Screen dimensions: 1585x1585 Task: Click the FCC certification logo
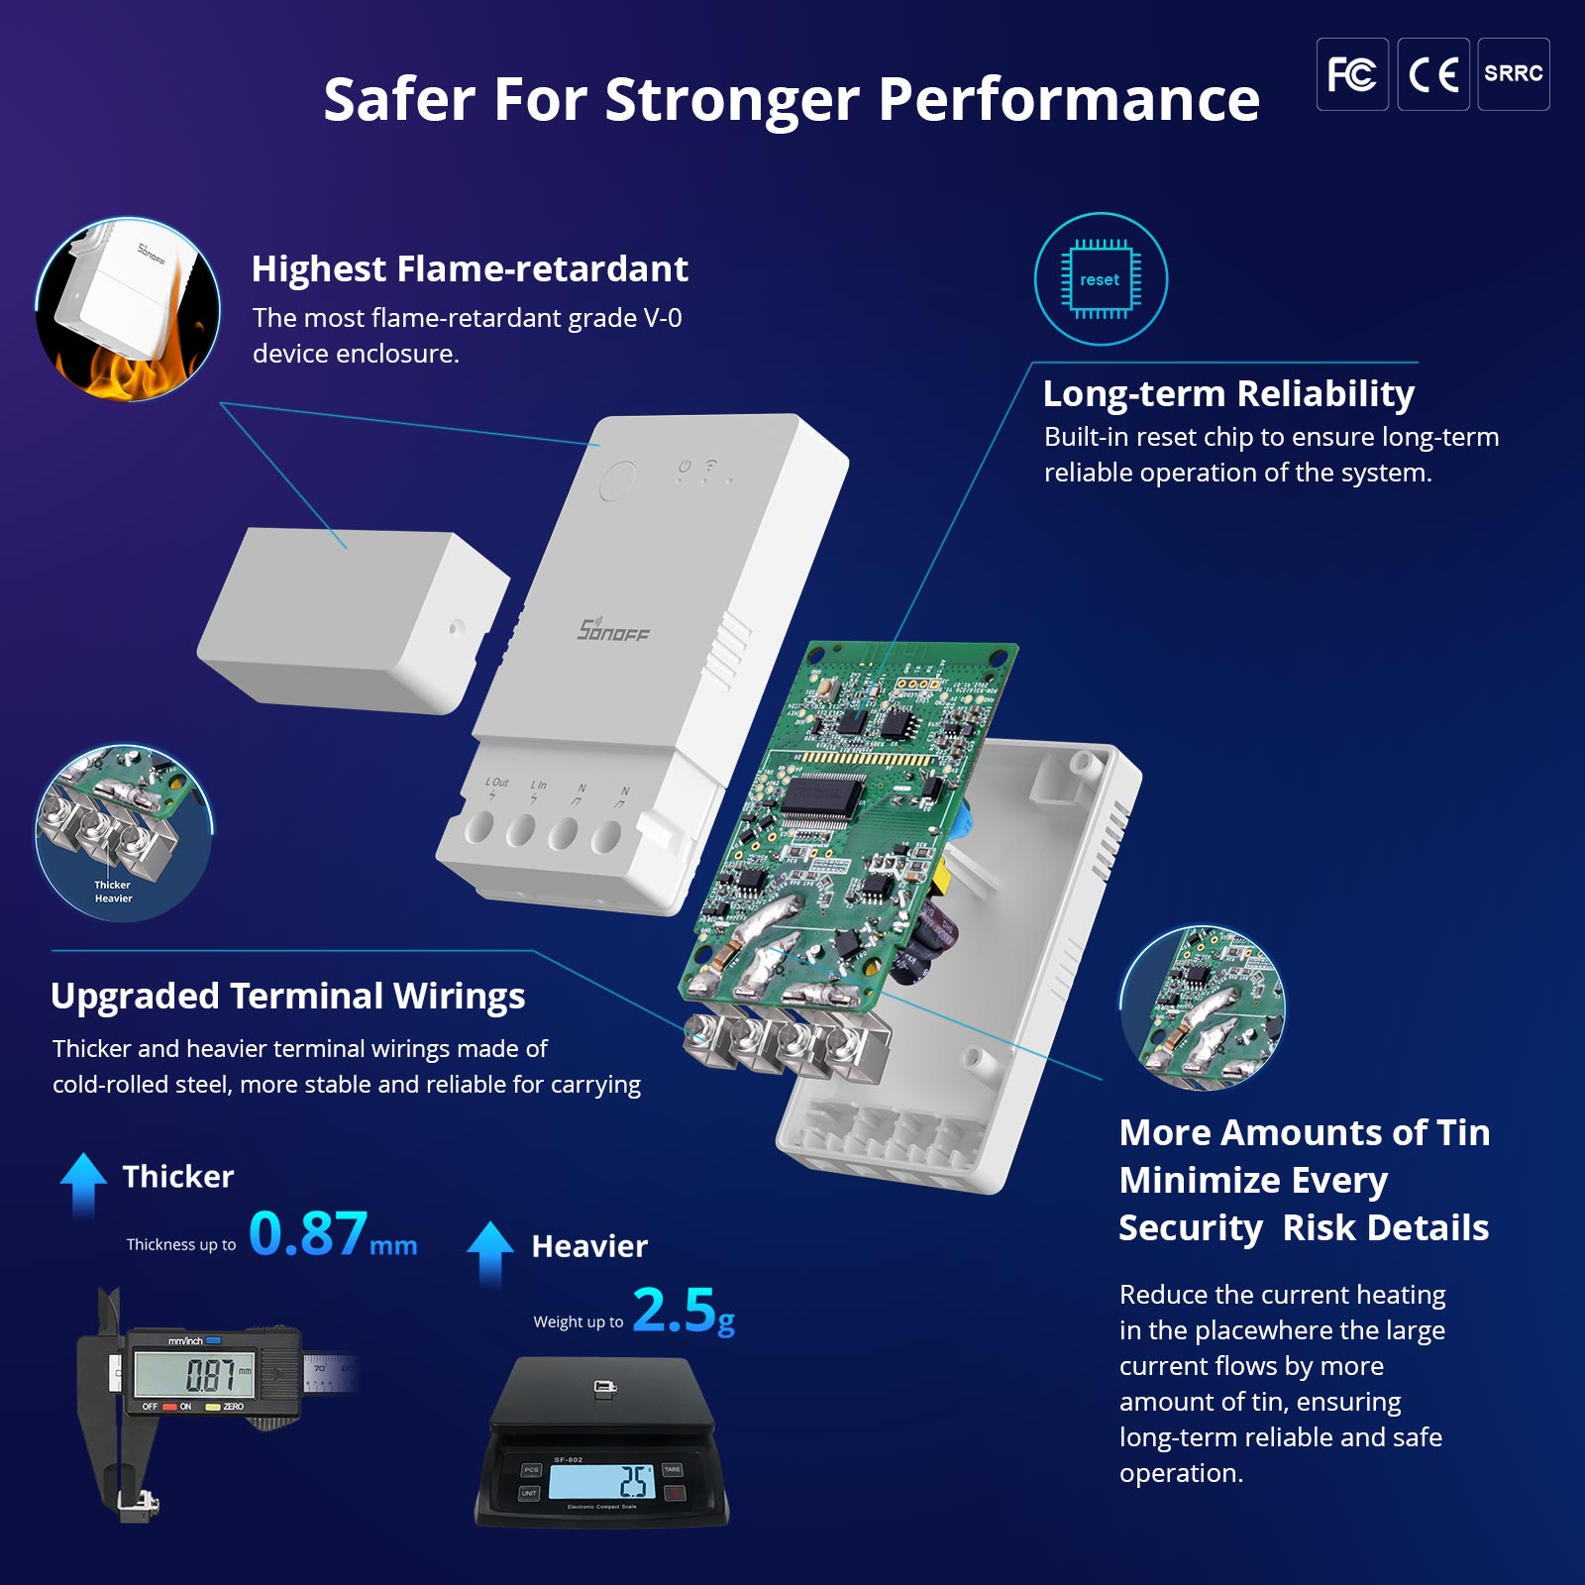click(x=1351, y=74)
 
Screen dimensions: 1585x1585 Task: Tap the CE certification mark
click(x=1432, y=74)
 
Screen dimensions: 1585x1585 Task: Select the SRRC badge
click(x=1513, y=74)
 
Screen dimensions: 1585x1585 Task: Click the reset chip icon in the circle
click(x=1100, y=279)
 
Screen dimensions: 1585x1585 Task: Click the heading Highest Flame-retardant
click(x=470, y=268)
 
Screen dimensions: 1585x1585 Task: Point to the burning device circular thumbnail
click(x=128, y=309)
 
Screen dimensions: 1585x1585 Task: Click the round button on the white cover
click(x=617, y=481)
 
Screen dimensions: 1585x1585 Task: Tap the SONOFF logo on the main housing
click(x=613, y=629)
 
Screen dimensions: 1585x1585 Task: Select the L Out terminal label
click(x=496, y=783)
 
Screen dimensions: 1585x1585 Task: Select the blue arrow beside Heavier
click(x=490, y=1250)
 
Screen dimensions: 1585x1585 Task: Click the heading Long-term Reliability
click(x=1228, y=393)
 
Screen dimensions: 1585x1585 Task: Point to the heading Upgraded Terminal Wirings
click(x=287, y=996)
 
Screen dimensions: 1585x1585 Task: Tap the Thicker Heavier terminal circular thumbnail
click(x=124, y=832)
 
